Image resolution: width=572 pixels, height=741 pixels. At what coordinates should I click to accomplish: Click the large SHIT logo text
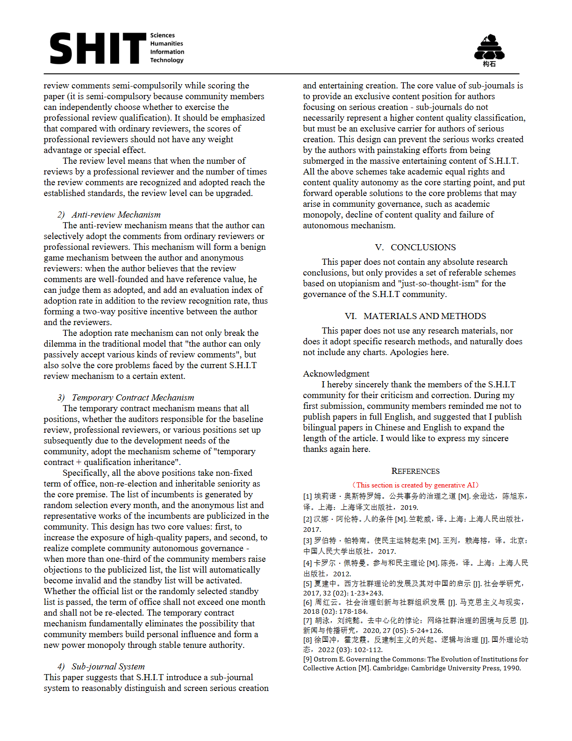(98, 48)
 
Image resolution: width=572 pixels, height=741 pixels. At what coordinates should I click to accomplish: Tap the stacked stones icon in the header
(489, 46)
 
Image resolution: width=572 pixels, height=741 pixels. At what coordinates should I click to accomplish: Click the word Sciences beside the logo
(162, 36)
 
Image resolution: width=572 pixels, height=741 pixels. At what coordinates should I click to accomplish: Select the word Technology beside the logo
(167, 60)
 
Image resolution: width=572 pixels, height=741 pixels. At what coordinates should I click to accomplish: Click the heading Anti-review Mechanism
(116, 215)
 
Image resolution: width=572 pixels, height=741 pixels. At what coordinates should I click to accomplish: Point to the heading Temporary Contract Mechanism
(133, 398)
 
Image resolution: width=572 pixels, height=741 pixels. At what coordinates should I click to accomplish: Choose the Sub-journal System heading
(108, 667)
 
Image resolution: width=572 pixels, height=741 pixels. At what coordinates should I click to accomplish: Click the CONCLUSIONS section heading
(423, 247)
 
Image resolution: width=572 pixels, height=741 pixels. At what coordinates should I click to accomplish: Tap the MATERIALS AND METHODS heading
(425, 316)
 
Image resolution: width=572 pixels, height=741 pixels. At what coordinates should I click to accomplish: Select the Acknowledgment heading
(336, 374)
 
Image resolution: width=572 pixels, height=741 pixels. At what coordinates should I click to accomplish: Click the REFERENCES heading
(415, 471)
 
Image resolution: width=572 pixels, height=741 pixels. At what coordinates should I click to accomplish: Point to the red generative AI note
(415, 485)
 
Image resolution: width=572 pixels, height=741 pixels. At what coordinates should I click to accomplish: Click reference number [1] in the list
(307, 496)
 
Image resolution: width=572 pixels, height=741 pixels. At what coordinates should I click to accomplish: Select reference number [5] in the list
(307, 584)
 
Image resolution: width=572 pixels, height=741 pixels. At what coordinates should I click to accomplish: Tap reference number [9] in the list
(307, 659)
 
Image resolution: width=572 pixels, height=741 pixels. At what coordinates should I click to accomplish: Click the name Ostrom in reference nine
(325, 659)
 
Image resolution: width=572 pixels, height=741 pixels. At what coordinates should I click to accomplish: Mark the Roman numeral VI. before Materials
(350, 316)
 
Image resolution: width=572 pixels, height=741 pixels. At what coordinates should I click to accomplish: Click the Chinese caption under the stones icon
(489, 64)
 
